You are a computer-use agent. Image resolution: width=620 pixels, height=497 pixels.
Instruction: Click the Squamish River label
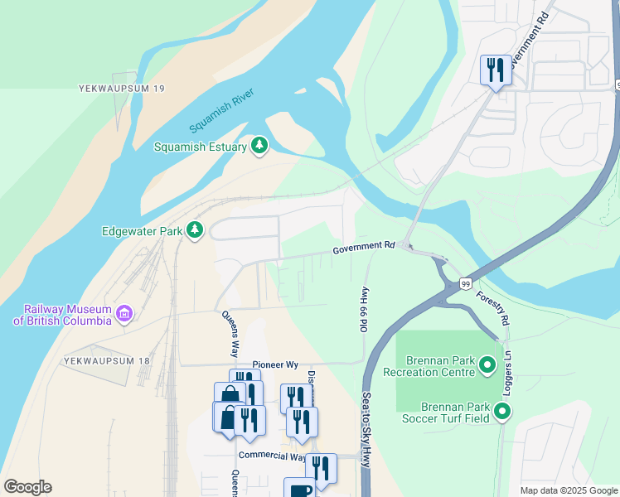[x=221, y=111]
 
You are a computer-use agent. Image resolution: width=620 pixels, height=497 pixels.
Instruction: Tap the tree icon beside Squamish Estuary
[x=260, y=147]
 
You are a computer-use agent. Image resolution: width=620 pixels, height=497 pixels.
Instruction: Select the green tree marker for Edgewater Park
[x=195, y=230]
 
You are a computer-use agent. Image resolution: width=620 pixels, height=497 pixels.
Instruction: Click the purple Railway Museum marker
[x=124, y=313]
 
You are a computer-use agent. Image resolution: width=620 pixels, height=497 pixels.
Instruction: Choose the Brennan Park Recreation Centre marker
[x=487, y=364]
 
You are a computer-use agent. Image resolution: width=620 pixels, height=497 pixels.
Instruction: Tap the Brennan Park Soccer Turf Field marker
[x=501, y=411]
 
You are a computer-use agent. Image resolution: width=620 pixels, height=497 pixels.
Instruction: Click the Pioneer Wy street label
[x=275, y=365]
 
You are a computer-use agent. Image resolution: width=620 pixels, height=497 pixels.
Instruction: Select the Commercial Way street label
[x=271, y=456]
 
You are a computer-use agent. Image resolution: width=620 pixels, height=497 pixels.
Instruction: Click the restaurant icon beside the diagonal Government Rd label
[x=496, y=70]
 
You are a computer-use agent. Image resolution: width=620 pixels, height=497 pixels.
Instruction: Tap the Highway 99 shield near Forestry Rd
[x=467, y=284]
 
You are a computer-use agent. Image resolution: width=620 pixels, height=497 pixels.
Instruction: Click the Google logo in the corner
[x=27, y=487]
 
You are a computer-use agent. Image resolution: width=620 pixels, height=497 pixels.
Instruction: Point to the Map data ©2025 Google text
[x=569, y=490]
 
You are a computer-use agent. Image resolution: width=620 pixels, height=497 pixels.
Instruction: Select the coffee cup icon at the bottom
[x=299, y=489]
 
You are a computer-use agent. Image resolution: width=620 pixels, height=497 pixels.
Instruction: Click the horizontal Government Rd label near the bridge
[x=364, y=248]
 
